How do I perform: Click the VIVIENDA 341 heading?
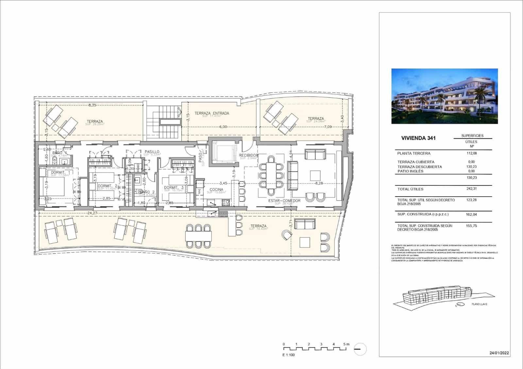coord(418,138)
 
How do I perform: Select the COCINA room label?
coord(216,189)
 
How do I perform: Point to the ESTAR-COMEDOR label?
coord(284,201)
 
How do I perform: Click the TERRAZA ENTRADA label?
coord(211,113)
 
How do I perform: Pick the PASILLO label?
coord(152,152)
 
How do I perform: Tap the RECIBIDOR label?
coord(248,155)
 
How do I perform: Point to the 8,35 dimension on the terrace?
coord(92,105)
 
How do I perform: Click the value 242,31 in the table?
coord(471,189)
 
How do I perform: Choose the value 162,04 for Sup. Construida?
coord(471,214)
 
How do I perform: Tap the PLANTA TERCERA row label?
coord(414,153)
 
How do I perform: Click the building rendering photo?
coord(445,96)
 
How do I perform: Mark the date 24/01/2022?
coord(499,353)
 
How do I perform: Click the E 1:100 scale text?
coord(289,355)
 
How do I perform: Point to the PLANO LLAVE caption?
coord(479,304)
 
